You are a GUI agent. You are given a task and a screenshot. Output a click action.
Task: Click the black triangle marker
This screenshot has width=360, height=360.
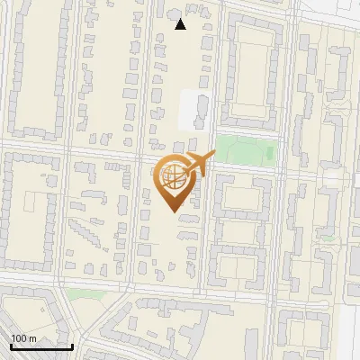click(x=181, y=24)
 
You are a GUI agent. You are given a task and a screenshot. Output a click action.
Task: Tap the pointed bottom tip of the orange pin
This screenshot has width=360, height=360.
click(x=173, y=211)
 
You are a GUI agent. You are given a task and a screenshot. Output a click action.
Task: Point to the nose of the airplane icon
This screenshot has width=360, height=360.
click(x=214, y=156)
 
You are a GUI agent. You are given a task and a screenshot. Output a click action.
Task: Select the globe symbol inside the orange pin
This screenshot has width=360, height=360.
click(x=173, y=175)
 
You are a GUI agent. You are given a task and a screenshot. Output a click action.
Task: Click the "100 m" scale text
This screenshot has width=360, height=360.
click(x=24, y=338)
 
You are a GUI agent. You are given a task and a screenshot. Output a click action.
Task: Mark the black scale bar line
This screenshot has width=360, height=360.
click(x=41, y=346)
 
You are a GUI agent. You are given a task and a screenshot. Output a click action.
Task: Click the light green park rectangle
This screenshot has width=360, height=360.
click(x=243, y=148)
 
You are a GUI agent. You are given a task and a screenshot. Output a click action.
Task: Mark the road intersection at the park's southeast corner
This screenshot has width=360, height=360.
click(x=277, y=166)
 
